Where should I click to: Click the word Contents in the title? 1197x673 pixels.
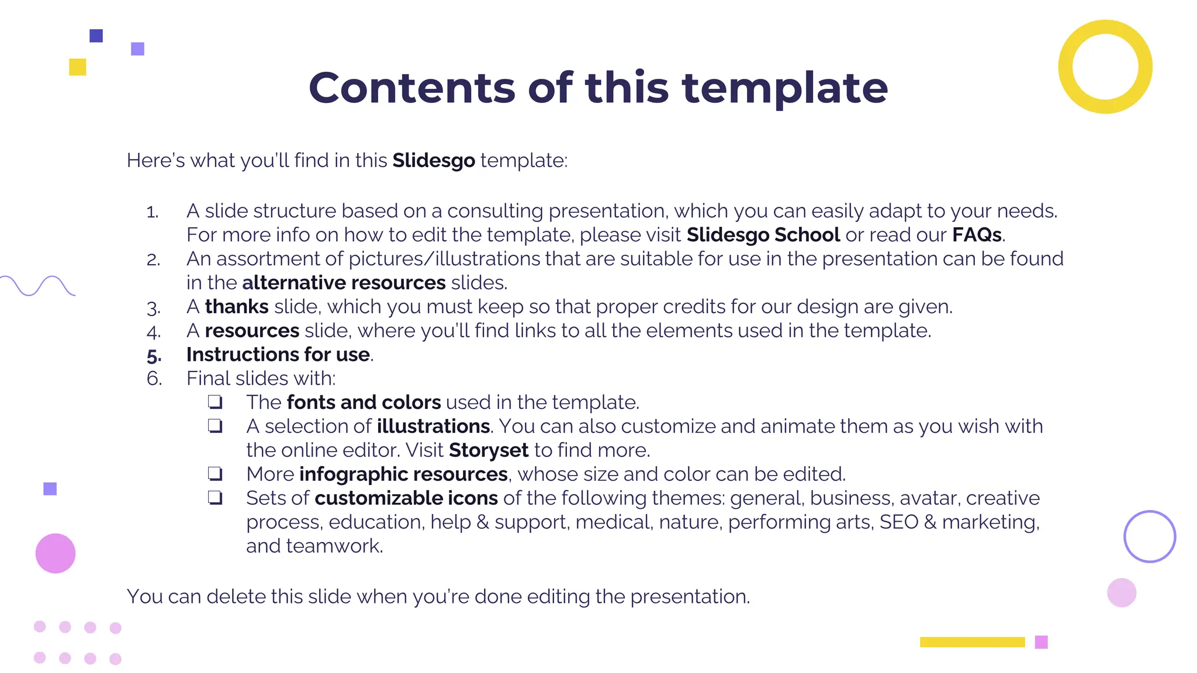411,88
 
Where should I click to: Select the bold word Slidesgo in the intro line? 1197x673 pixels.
433,160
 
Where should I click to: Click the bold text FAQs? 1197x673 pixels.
977,235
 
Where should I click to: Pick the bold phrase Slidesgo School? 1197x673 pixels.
763,235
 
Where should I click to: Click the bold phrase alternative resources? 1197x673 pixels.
344,283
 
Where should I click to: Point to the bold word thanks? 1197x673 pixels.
236,307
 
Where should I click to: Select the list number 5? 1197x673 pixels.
154,355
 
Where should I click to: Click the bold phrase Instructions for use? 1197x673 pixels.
278,355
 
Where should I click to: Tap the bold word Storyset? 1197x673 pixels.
489,450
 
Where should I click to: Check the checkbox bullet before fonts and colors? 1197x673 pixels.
215,402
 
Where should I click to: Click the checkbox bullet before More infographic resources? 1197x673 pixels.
215,473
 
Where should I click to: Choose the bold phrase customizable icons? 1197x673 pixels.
406,498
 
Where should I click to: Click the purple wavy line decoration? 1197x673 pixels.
37,285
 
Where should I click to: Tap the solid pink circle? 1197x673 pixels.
56,553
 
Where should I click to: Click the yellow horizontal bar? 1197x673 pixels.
972,642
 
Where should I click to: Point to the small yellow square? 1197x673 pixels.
77,67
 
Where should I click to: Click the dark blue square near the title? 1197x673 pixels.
96,36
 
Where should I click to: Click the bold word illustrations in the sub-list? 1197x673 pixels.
433,426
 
